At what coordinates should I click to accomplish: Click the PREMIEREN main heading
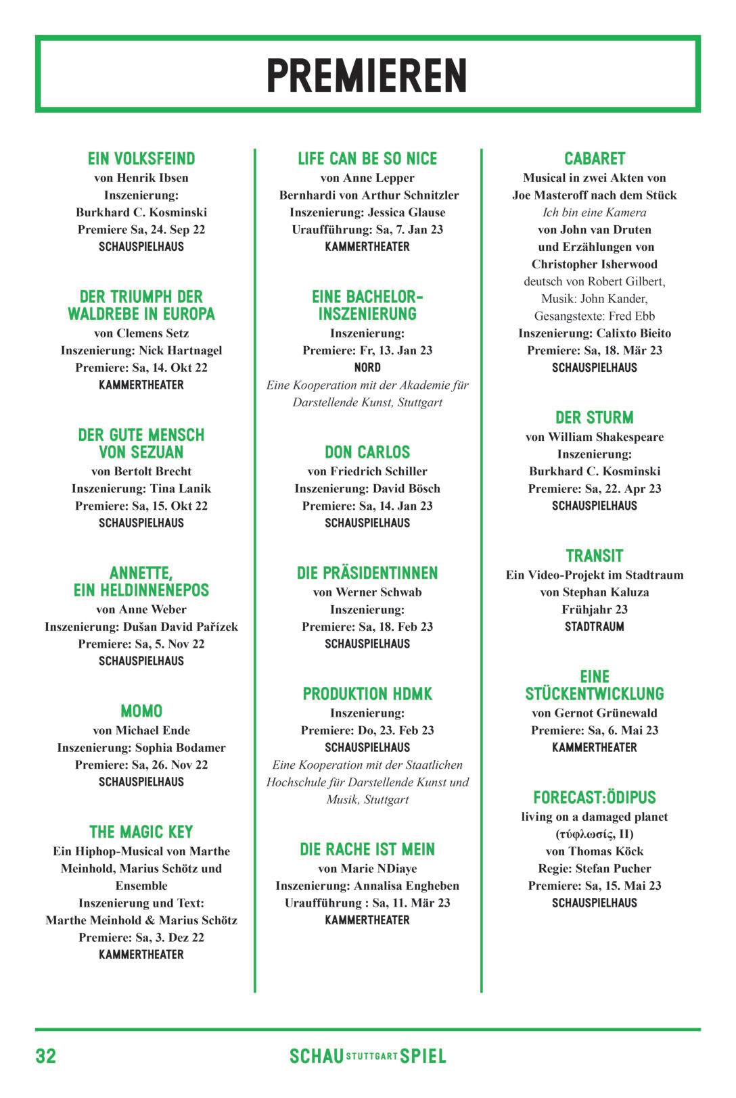click(367, 75)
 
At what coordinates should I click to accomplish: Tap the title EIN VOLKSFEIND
click(141, 159)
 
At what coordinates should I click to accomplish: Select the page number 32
click(46, 1056)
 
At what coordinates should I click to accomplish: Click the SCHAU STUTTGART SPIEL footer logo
click(367, 1056)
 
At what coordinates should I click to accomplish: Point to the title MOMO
click(141, 711)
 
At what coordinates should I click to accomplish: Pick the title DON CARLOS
click(367, 452)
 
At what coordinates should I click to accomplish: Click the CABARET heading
click(595, 159)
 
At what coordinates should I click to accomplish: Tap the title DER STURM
click(595, 418)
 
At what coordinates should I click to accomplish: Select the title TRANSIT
click(595, 556)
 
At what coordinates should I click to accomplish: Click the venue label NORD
click(367, 368)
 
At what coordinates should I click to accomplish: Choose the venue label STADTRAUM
click(595, 627)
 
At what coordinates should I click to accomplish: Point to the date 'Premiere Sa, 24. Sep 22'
click(141, 229)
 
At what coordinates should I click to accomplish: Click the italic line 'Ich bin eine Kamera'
click(595, 212)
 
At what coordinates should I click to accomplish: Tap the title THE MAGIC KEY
click(141, 832)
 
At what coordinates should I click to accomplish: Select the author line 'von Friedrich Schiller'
click(367, 471)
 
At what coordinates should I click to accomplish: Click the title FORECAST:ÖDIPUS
click(595, 798)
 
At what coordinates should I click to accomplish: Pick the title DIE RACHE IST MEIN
click(367, 850)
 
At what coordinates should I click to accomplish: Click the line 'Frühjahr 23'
click(595, 609)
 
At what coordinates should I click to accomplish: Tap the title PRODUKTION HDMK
click(367, 694)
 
